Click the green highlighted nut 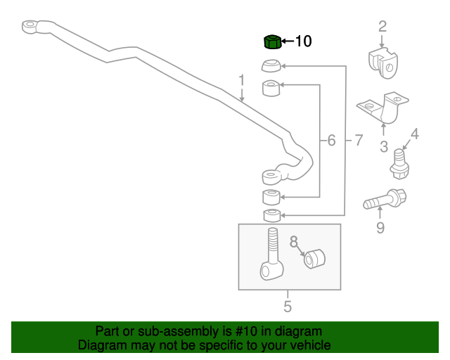(x=272, y=42)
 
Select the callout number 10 (x=303, y=41)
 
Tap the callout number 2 (x=382, y=27)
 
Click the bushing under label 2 (x=383, y=63)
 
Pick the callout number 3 (x=384, y=146)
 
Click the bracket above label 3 (x=383, y=108)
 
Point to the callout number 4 (x=415, y=134)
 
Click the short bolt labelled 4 (x=399, y=165)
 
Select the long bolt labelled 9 (x=385, y=199)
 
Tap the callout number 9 (x=380, y=228)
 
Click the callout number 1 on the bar (x=242, y=80)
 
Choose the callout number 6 (x=331, y=141)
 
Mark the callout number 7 (x=359, y=141)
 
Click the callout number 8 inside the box (x=294, y=242)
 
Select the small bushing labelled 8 (x=314, y=259)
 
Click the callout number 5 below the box (x=288, y=307)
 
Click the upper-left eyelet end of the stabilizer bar (x=30, y=26)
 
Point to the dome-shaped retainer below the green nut (x=271, y=65)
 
